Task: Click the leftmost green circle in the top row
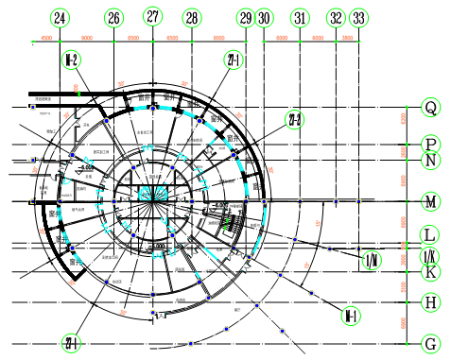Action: coord(60,18)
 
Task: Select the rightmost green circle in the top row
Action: coord(358,18)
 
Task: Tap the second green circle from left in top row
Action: coord(113,18)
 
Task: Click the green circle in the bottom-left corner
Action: coord(71,343)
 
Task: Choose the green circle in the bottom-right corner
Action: coord(431,344)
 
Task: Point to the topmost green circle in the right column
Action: coord(431,108)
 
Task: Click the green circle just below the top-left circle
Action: coord(71,60)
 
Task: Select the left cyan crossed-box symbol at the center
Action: coord(146,194)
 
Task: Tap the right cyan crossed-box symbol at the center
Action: coord(161,194)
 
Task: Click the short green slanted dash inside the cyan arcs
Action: coord(226,224)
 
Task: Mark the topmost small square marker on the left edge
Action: coord(33,108)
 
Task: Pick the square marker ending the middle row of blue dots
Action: coord(358,201)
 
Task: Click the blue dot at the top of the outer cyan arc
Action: coord(152,109)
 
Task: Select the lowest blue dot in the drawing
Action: coord(190,344)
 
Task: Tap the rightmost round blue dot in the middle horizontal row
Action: coord(336,201)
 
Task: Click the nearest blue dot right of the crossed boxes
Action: coord(192,201)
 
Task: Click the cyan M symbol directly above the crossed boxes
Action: coord(147,148)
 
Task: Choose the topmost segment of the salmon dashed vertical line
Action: coord(404,119)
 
